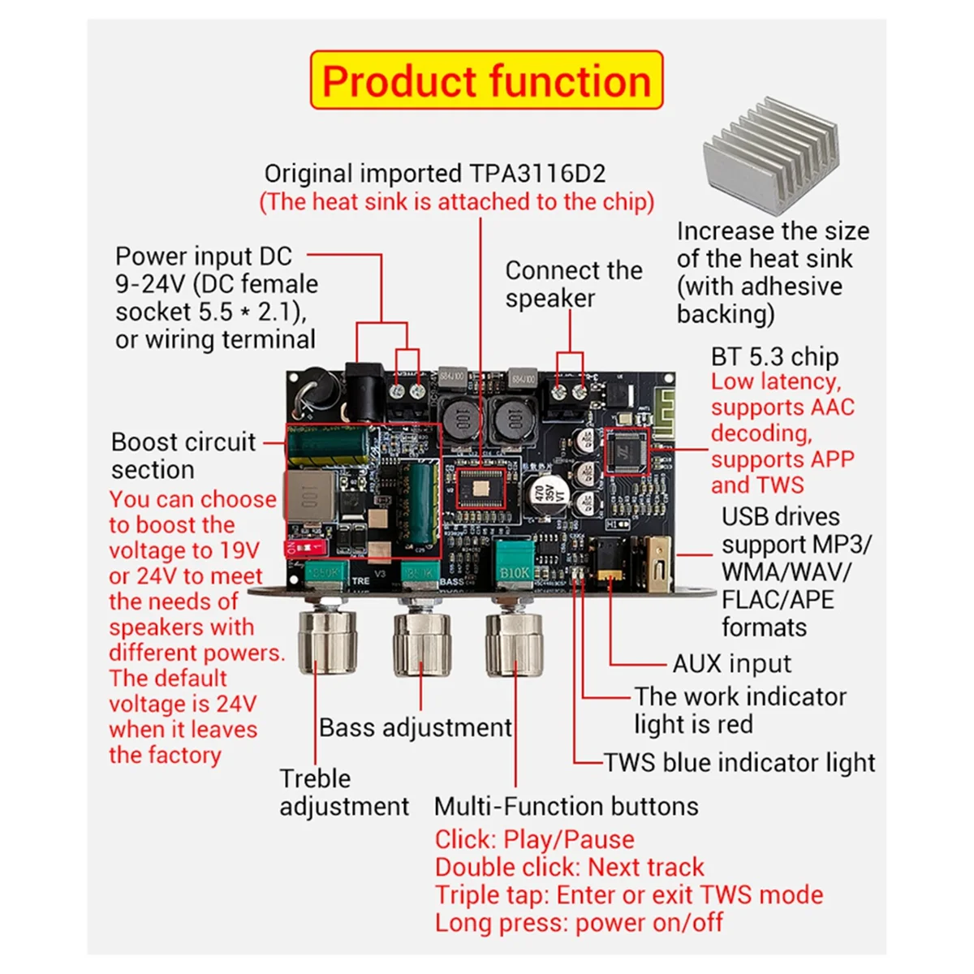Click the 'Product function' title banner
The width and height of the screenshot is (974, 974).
pyautogui.click(x=486, y=80)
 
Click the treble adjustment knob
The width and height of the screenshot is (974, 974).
pyautogui.click(x=328, y=642)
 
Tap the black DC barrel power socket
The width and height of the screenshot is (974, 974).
pyautogui.click(x=363, y=390)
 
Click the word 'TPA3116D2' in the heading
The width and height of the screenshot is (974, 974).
pyautogui.click(x=537, y=174)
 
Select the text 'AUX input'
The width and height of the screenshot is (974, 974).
pyautogui.click(x=731, y=663)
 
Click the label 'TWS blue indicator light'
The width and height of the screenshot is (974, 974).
pyautogui.click(x=739, y=763)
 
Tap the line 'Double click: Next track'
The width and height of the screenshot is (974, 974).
pyautogui.click(x=569, y=867)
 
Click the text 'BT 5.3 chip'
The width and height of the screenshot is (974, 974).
pyautogui.click(x=774, y=357)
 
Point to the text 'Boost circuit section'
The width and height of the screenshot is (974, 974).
pyautogui.click(x=183, y=455)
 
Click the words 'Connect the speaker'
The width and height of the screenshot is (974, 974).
pyautogui.click(x=573, y=284)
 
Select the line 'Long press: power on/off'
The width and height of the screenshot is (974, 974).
pyautogui.click(x=578, y=923)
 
